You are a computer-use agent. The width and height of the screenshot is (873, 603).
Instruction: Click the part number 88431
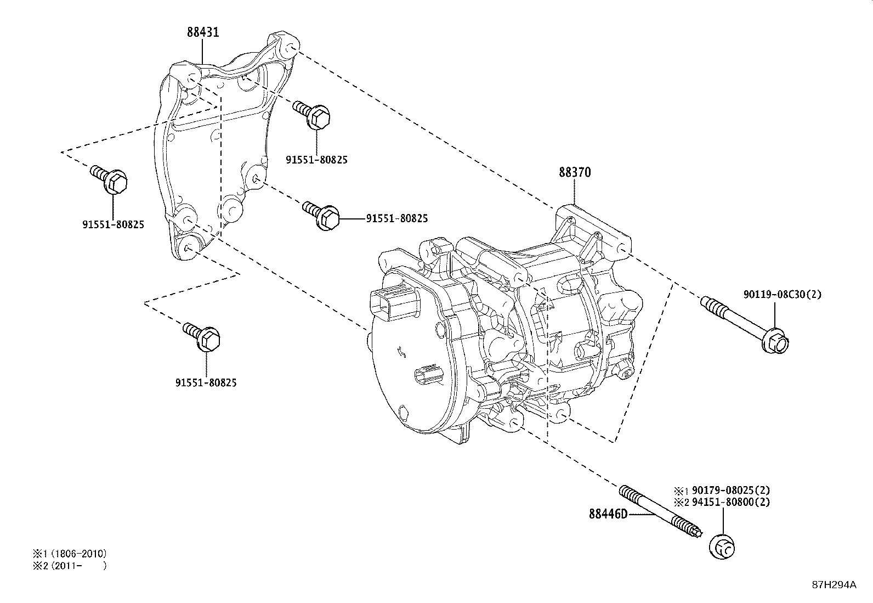point(203,32)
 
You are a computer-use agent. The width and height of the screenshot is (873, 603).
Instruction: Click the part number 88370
point(575,172)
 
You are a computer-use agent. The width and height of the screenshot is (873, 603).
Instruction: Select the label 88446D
point(608,514)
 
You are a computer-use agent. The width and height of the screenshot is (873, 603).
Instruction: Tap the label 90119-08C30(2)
point(783,295)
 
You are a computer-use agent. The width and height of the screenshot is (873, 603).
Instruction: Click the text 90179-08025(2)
point(730,490)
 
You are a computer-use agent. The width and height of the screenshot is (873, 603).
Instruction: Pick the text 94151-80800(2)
point(730,502)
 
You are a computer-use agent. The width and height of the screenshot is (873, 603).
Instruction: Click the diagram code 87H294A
point(834,585)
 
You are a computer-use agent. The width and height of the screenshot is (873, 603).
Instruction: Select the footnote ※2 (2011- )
point(70,566)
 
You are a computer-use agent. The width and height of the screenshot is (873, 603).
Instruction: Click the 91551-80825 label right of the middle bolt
point(397,218)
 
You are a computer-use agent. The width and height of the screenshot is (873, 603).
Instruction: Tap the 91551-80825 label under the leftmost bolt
point(114,224)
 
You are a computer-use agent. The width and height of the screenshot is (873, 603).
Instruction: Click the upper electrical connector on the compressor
point(390,302)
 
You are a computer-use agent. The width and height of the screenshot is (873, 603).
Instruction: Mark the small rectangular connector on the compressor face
point(427,376)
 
